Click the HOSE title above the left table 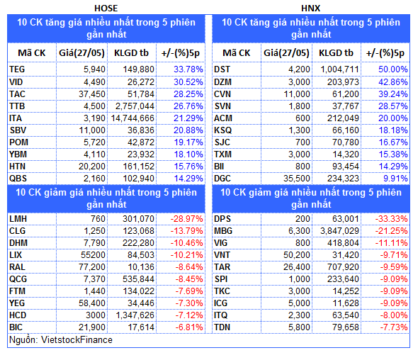pyautogui.click(x=106, y=9)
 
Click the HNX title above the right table pyautogui.click(x=310, y=9)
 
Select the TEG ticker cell pyautogui.click(x=17, y=69)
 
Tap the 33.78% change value pyautogui.click(x=188, y=69)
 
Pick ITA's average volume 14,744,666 pyautogui.click(x=132, y=118)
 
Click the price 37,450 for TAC pyautogui.click(x=92, y=94)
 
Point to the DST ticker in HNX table pyautogui.click(x=222, y=69)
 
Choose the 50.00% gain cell pyautogui.click(x=393, y=69)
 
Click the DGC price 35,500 pyautogui.click(x=297, y=179)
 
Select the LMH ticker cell pyautogui.click(x=18, y=219)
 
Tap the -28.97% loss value pyautogui.click(x=186, y=219)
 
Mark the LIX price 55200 pyautogui.click(x=93, y=255)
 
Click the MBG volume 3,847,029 pyautogui.click(x=339, y=231)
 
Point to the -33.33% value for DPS pyautogui.click(x=391, y=219)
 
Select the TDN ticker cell pyautogui.click(x=222, y=327)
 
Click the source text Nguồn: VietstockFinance pyautogui.click(x=61, y=340)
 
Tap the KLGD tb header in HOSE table pyautogui.click(x=131, y=53)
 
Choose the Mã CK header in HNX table pyautogui.click(x=237, y=53)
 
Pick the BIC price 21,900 pyautogui.click(x=92, y=327)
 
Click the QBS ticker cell pyautogui.click(x=18, y=179)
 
